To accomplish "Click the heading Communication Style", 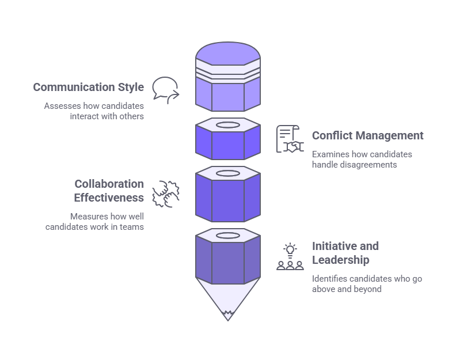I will pos(88,88).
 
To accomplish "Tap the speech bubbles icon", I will pos(165,90).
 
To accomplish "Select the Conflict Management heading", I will pos(367,136).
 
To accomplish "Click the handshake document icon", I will pos(290,139).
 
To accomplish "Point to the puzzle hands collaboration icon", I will pos(166,193).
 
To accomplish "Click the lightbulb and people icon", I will pos(290,257).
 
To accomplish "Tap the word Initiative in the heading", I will pos(336,247).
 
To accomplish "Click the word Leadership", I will pos(340,260).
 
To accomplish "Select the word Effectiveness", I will pos(109,198).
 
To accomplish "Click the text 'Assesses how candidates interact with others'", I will pos(94,111).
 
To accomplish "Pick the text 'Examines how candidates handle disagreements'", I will pos(362,160).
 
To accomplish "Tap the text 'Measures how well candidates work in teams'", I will pos(95,222).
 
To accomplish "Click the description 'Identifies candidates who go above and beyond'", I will pos(367,284).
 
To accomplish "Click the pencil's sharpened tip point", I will pos(228,316).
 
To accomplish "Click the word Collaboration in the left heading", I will pos(109,184).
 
